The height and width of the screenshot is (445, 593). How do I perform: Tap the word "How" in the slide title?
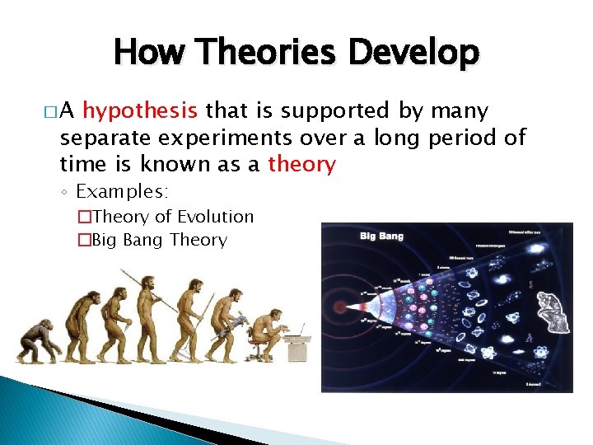(x=149, y=53)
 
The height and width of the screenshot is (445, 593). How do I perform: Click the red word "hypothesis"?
(x=139, y=111)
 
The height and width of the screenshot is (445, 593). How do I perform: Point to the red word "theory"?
(x=301, y=164)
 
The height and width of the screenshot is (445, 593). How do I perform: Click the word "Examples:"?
(x=122, y=192)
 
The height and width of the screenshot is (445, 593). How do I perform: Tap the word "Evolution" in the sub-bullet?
(x=215, y=217)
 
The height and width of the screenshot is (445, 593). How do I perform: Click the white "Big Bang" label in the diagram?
(x=381, y=237)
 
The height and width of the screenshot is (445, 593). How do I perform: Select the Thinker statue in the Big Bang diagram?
(x=550, y=304)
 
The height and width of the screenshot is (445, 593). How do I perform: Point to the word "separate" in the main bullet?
(x=101, y=138)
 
